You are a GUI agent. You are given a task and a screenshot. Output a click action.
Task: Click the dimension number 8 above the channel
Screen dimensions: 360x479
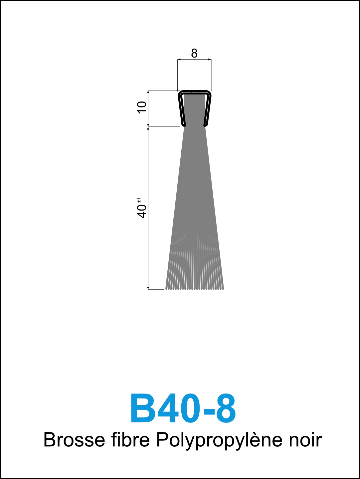point(194,54)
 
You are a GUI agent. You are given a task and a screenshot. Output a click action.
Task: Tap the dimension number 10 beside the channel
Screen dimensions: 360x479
point(142,107)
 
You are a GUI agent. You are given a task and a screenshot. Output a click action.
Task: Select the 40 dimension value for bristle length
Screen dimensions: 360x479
point(142,211)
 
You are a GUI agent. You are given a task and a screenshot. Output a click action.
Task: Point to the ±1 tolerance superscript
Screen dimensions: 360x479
point(139,201)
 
